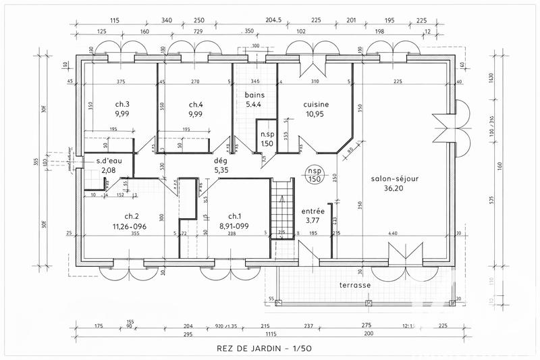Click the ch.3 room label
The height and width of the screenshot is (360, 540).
pyautogui.click(x=122, y=104)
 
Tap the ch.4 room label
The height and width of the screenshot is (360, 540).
pyautogui.click(x=196, y=104)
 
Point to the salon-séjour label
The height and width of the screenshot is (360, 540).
pyautogui.click(x=396, y=179)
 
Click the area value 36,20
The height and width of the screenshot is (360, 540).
pyautogui.click(x=396, y=189)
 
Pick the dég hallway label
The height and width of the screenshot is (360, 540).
pyautogui.click(x=221, y=161)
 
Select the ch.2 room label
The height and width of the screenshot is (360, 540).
pyautogui.click(x=122, y=217)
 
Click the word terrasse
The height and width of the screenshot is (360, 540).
pyautogui.click(x=355, y=285)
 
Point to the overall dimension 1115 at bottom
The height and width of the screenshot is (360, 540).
pyautogui.click(x=270, y=334)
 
